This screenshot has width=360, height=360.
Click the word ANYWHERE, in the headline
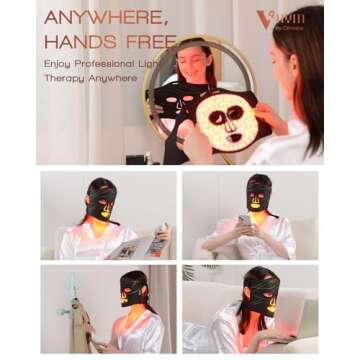pos(106,18)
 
